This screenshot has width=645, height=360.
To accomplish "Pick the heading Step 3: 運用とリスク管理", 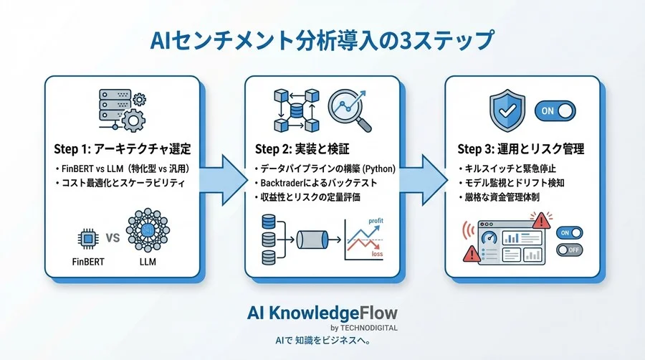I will pos(521,149).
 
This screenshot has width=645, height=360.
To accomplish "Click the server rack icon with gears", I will pos(122,108).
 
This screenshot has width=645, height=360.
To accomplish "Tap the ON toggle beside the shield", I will pos(555,110).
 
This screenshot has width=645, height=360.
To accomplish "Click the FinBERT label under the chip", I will pos(88,262).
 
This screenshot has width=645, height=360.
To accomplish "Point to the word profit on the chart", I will pos(375,222).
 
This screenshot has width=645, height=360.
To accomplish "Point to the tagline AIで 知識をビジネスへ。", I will pos(322,340).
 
